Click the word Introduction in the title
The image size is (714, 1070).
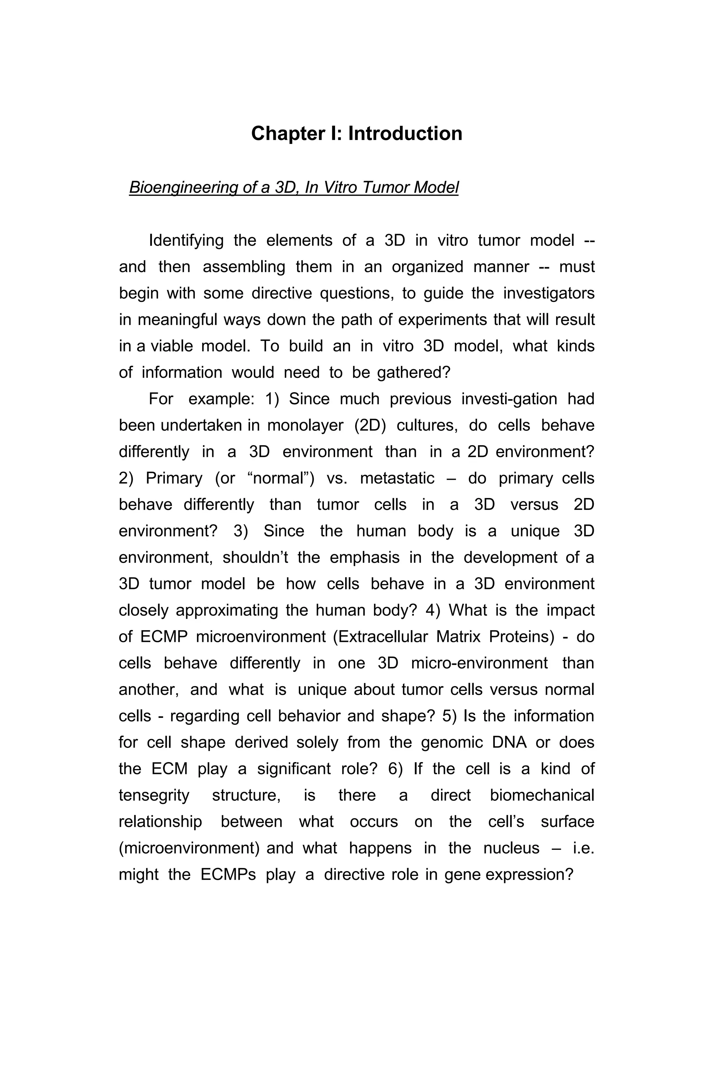(405, 134)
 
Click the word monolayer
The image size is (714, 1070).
(305, 425)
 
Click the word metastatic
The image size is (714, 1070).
(397, 478)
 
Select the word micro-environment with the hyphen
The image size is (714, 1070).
(479, 663)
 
